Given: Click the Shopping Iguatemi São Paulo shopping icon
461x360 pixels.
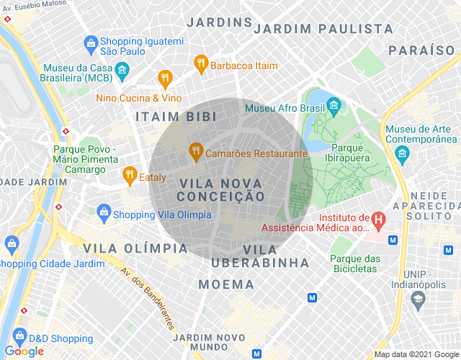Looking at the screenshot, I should point(91,42).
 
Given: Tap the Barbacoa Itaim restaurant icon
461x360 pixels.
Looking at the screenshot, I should point(201,65).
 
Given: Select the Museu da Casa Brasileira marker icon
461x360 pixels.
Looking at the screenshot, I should point(122,69).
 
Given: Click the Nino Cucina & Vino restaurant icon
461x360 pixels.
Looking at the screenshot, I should point(165,78).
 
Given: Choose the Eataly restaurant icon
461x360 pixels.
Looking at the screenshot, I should point(130,174).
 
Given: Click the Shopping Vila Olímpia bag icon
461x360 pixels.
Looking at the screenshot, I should point(104,212).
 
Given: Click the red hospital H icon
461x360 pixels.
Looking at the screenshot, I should point(377,218).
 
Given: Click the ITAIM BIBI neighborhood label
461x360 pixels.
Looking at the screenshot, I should point(171,116).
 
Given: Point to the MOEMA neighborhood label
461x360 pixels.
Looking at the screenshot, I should point(226,284).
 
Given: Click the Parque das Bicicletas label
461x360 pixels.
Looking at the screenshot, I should point(355,264).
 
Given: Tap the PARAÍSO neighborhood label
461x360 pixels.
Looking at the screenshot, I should point(421,50).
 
